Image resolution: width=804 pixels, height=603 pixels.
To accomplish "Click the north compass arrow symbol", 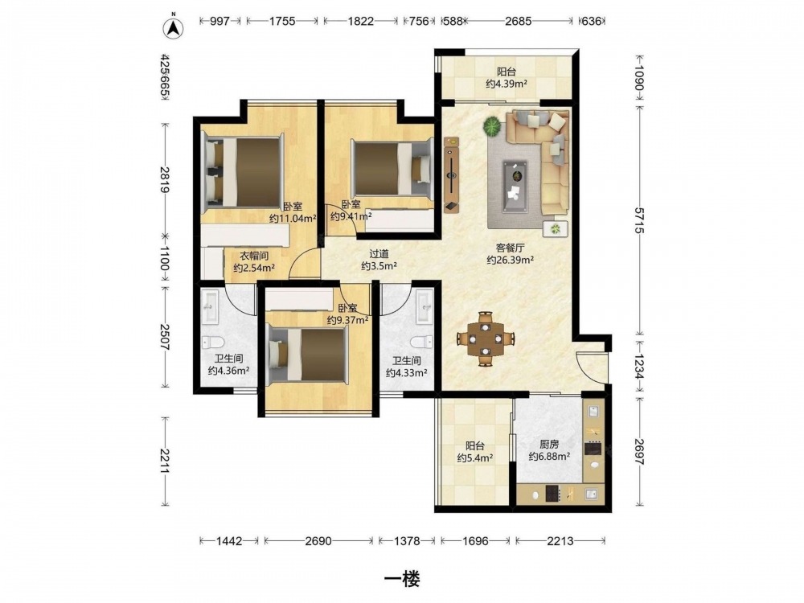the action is click(x=174, y=27).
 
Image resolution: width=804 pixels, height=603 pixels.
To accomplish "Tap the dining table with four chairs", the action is click(x=485, y=338).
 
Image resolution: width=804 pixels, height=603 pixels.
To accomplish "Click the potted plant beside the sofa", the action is click(x=492, y=126).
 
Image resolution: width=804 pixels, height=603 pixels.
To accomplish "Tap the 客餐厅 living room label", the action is click(x=510, y=248).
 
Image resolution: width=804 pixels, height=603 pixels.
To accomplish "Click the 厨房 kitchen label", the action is click(x=548, y=445).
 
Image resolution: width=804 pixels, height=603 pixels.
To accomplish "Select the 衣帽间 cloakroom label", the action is click(x=254, y=256).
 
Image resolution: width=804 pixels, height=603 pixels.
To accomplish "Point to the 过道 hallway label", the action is click(x=379, y=254).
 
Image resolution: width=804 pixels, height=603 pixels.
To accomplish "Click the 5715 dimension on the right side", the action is click(x=639, y=220).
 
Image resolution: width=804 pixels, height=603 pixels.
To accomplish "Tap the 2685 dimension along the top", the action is click(x=518, y=21).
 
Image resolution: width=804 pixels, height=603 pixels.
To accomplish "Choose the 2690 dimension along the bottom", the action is click(x=318, y=541).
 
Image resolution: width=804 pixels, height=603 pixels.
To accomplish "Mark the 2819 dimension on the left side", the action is click(x=164, y=179).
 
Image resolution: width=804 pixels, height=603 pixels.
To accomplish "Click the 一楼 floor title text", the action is click(x=402, y=579).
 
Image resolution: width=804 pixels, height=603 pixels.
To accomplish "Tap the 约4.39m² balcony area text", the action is click(x=507, y=84).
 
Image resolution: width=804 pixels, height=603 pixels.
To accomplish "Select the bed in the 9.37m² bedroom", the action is click(x=308, y=355).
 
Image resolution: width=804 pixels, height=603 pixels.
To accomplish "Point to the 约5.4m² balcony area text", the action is click(x=475, y=458).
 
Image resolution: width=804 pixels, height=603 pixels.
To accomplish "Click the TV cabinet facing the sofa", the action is click(x=451, y=174).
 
